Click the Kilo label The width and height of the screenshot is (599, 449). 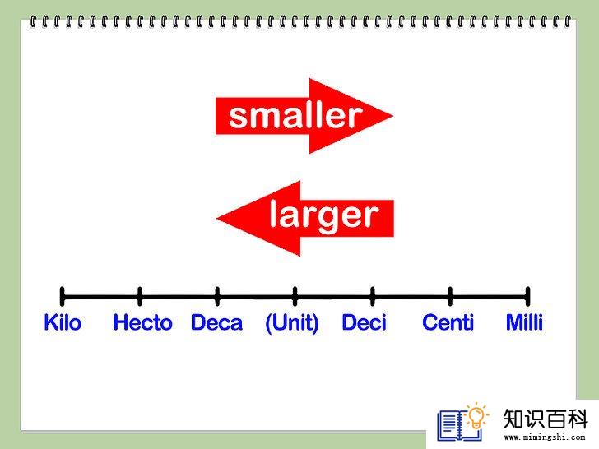pyautogui.click(x=63, y=322)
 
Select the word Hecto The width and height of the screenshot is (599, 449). pyautogui.click(x=143, y=322)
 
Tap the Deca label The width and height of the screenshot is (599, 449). pyautogui.click(x=216, y=322)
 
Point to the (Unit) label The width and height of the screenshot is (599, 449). pyautogui.click(x=292, y=323)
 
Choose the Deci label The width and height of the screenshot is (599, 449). pyautogui.click(x=364, y=322)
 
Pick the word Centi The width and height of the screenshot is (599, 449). pyautogui.click(x=448, y=322)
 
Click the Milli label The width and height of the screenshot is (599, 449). pyautogui.click(x=524, y=322)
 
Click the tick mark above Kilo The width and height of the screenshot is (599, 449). pyautogui.click(x=63, y=296)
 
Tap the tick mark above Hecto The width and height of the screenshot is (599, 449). pyautogui.click(x=140, y=296)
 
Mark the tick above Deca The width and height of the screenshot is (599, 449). pyautogui.click(x=217, y=296)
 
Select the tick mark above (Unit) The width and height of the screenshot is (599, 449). pyautogui.click(x=295, y=296)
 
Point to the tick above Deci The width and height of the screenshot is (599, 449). pyautogui.click(x=373, y=296)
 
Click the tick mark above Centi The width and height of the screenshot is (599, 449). pyautogui.click(x=450, y=296)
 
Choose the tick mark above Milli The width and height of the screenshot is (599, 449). pyautogui.click(x=528, y=296)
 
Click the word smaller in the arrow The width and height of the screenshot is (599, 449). pyautogui.click(x=295, y=116)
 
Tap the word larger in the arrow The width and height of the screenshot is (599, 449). pyautogui.click(x=324, y=216)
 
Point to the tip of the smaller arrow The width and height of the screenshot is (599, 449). pyautogui.click(x=393, y=116)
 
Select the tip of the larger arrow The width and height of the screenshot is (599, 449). pyautogui.click(x=216, y=219)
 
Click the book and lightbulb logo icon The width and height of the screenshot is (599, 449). pyautogui.click(x=462, y=422)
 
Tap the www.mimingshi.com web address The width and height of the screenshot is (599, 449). pyautogui.click(x=545, y=437)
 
